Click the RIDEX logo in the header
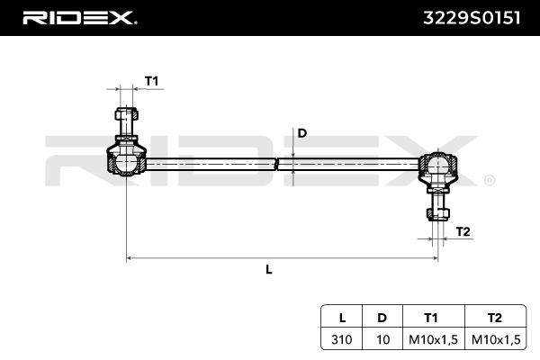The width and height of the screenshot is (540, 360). click(79, 17)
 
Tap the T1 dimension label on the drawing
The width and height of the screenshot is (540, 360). click(151, 82)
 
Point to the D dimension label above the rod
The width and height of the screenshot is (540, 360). click(302, 133)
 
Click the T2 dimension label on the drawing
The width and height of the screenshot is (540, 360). click(463, 232)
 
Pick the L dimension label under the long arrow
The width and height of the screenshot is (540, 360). click(269, 269)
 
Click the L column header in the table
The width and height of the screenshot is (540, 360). click(342, 318)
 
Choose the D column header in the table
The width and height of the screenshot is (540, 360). click(382, 318)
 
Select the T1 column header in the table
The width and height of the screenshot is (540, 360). click(432, 318)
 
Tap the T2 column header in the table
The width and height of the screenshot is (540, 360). click(493, 318)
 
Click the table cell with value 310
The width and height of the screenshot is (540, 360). click(342, 339)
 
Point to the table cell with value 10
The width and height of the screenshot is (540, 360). click(382, 339)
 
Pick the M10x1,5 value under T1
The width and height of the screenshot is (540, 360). click(432, 339)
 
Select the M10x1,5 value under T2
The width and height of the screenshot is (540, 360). click(493, 339)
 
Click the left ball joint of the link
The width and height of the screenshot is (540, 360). click(124, 163)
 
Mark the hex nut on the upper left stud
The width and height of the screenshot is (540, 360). click(126, 116)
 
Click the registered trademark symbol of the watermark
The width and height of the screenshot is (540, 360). click(489, 180)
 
